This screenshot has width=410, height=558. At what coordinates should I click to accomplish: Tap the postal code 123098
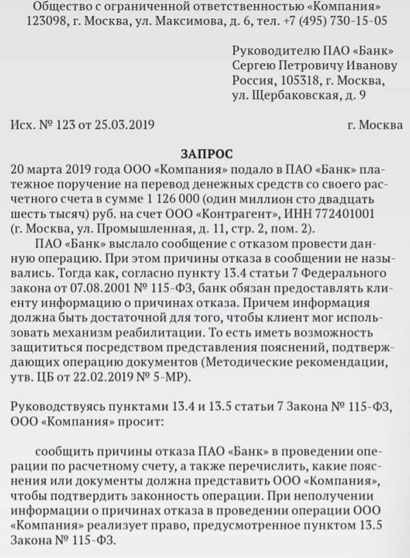[47, 21]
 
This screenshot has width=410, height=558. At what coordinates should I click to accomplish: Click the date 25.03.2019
[128, 125]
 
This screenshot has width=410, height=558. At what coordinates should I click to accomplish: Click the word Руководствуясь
[55, 407]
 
